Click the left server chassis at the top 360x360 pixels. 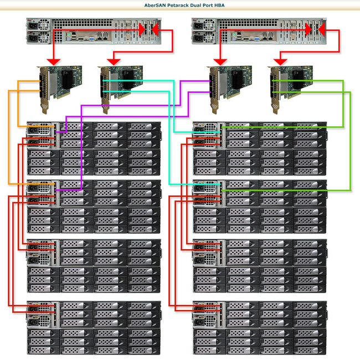[91, 31]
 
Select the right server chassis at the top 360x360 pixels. [258, 31]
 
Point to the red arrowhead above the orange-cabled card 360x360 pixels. [54, 60]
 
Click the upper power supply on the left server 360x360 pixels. [34, 25]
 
